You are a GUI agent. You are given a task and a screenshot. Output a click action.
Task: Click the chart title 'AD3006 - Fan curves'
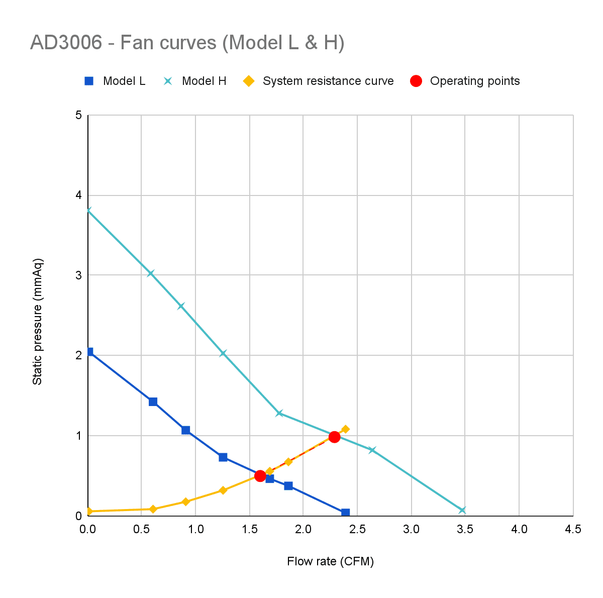(187, 43)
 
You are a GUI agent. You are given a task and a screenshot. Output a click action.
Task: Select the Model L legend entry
(115, 81)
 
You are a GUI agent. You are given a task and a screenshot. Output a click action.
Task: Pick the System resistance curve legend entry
(318, 81)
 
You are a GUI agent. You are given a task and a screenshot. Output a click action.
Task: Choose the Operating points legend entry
(465, 81)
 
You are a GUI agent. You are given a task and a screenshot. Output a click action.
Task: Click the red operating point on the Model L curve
(260, 475)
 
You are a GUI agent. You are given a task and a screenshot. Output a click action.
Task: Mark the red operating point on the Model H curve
(334, 437)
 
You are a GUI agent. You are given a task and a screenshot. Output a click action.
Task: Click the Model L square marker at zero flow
(89, 352)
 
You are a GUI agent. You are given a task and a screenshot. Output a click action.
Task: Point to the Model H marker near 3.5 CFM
(462, 510)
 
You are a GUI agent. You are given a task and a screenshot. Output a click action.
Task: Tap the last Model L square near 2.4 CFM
(345, 513)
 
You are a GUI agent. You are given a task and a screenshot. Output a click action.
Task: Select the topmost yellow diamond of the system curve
(345, 429)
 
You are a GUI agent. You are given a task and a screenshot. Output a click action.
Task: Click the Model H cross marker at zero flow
(89, 210)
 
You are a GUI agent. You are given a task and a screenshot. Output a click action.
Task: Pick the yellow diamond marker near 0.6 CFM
(153, 509)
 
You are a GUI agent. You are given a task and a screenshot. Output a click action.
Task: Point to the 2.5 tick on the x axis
(357, 529)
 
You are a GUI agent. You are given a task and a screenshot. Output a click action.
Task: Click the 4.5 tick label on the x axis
(573, 529)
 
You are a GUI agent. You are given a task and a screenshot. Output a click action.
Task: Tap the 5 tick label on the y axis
(78, 115)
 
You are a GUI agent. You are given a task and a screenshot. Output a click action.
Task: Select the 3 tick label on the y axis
(78, 275)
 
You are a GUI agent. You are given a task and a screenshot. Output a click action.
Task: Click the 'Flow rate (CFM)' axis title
(330, 561)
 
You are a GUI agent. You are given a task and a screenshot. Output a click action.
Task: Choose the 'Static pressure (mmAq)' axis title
(38, 322)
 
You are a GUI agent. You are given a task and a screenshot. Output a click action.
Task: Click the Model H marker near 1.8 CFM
(279, 413)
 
